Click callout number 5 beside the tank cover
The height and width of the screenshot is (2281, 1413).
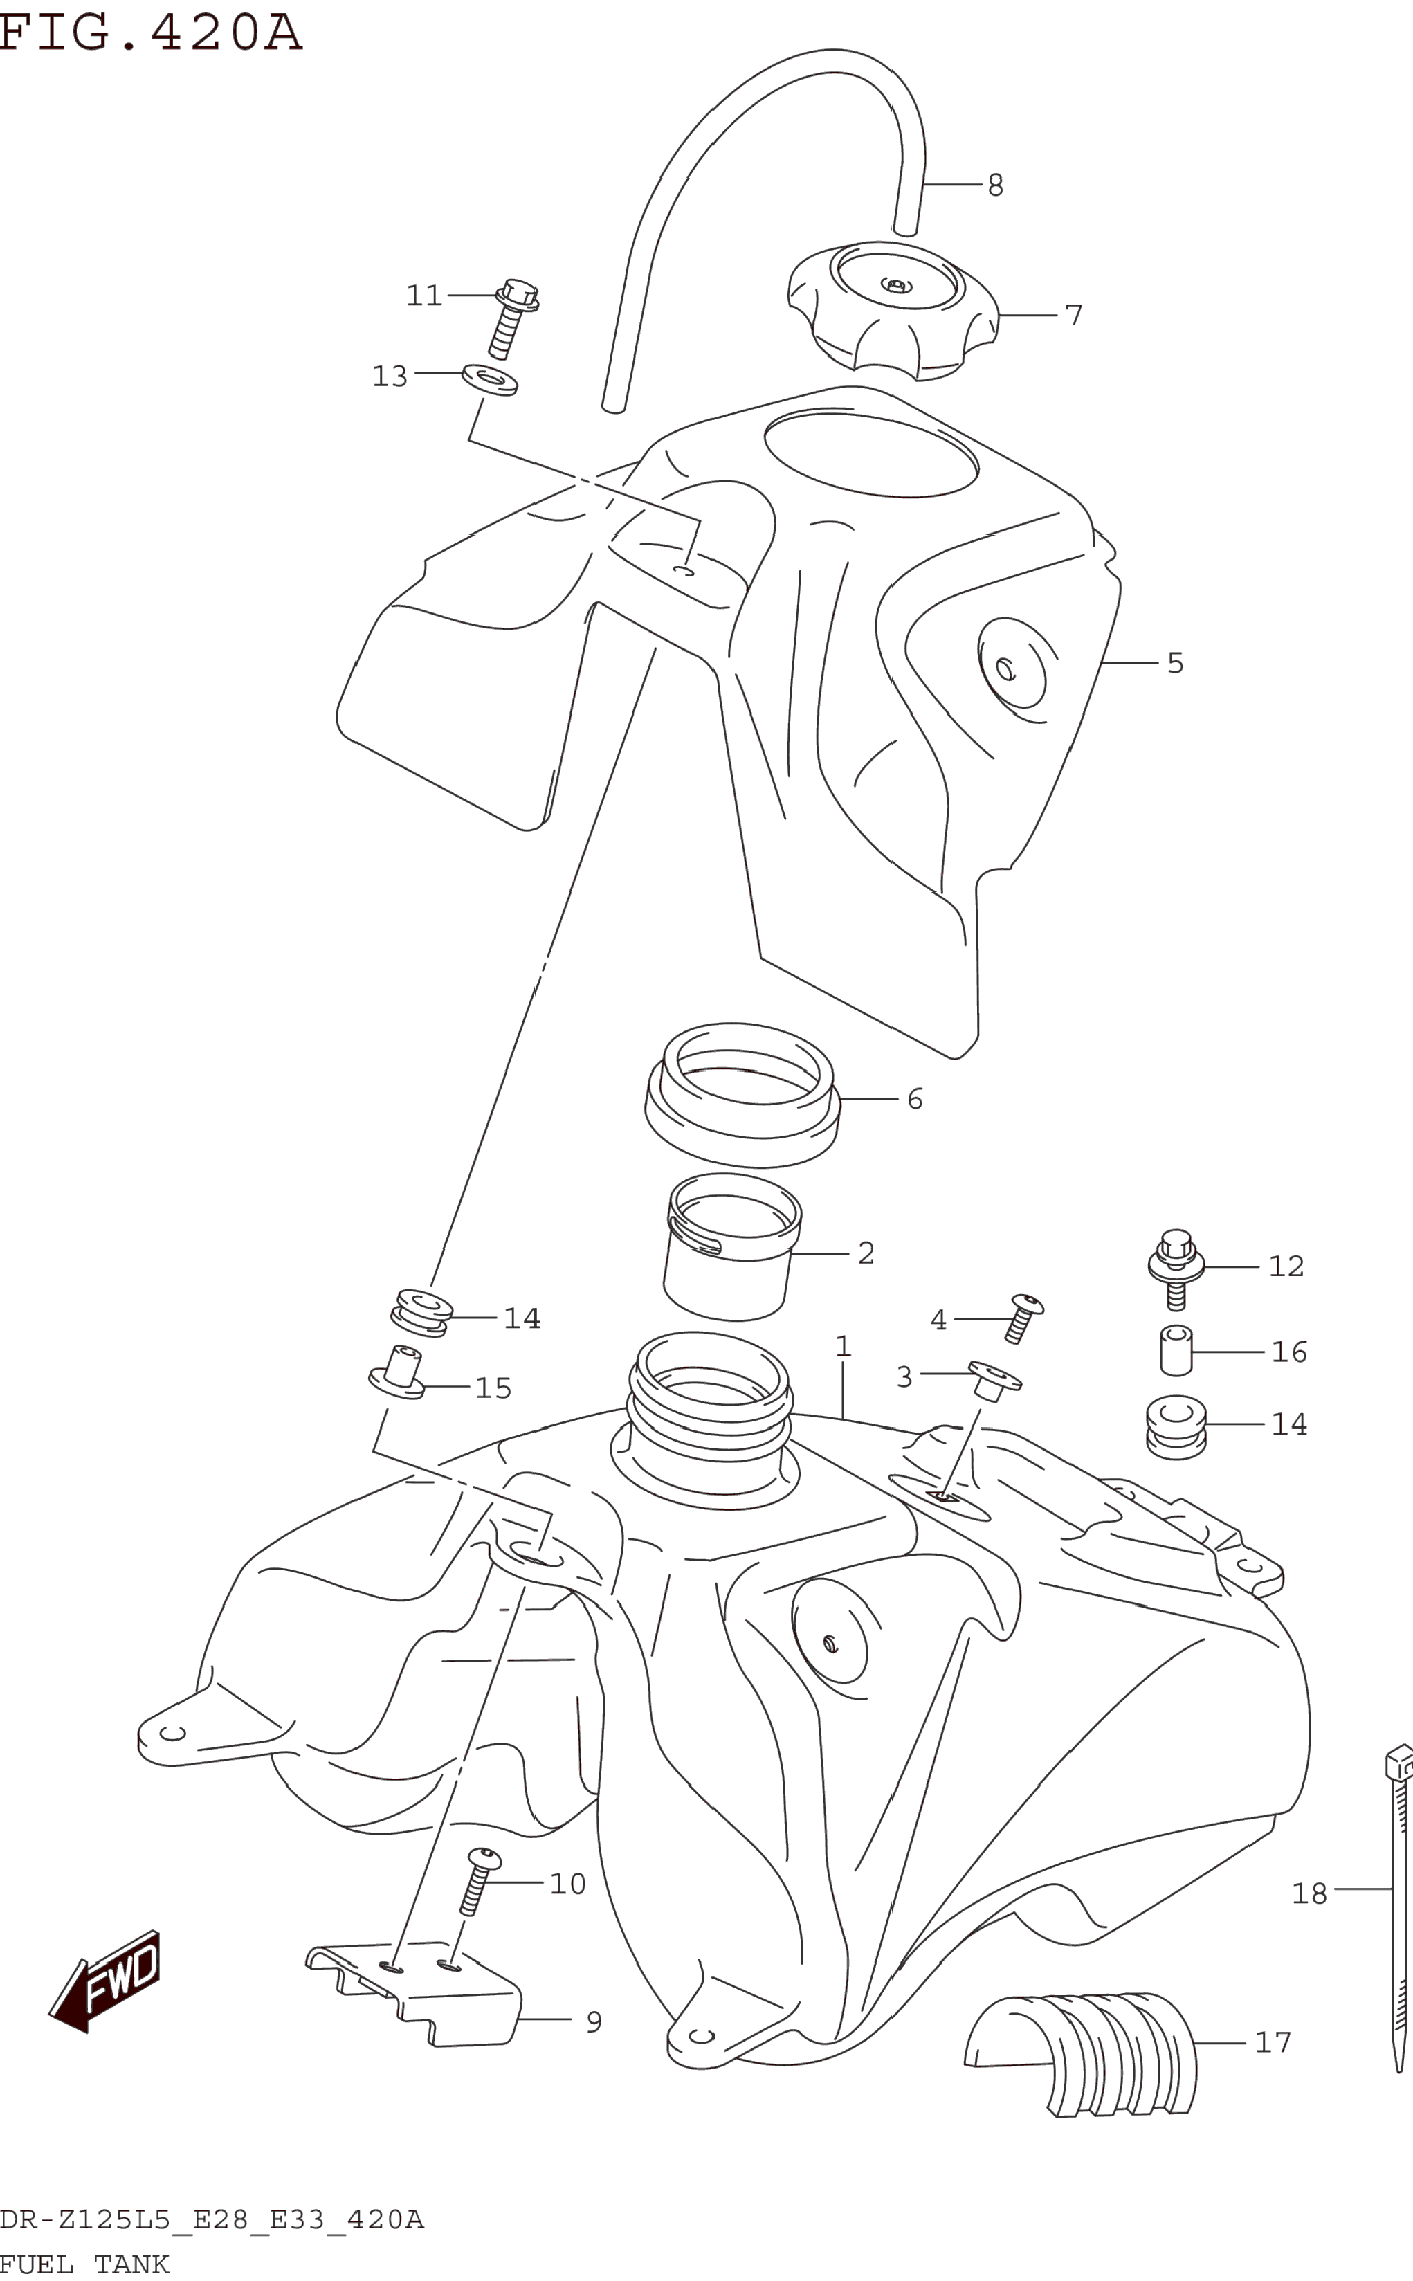click(x=1175, y=664)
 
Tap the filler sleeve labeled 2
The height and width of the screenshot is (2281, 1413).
click(x=731, y=1248)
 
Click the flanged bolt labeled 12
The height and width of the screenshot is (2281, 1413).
click(x=1176, y=1266)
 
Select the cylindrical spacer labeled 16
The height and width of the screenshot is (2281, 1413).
click(x=1176, y=1350)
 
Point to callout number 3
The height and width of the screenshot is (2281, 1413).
click(x=904, y=1377)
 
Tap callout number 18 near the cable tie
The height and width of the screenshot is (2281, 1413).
click(x=1309, y=1894)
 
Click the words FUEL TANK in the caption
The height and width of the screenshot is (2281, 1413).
click(x=84, y=2264)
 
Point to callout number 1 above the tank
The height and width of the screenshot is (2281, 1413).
click(x=843, y=1347)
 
